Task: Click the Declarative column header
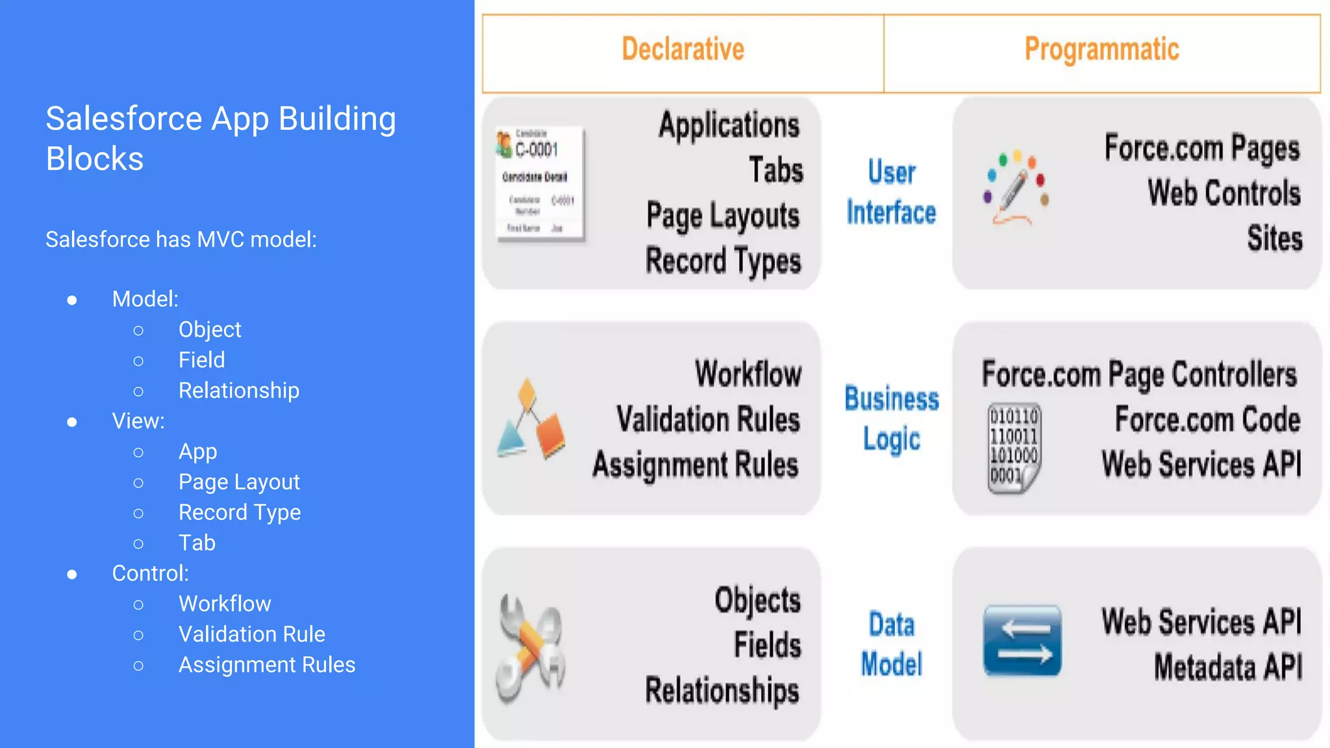(x=683, y=50)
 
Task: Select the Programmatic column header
(x=1101, y=50)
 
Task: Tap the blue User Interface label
(x=891, y=193)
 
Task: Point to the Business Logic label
(x=892, y=419)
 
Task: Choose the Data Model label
(x=892, y=644)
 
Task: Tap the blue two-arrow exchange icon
(x=1022, y=641)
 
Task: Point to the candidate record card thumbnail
(x=540, y=184)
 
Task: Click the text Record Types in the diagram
(x=723, y=261)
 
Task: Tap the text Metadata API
(x=1227, y=667)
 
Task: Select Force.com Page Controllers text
(x=1139, y=375)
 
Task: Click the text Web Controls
(x=1224, y=193)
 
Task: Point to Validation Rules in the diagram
(x=708, y=419)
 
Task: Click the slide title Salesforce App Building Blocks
(x=221, y=138)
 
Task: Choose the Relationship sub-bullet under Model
(x=238, y=390)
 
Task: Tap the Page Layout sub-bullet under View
(x=239, y=482)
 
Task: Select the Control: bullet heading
(x=150, y=573)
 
